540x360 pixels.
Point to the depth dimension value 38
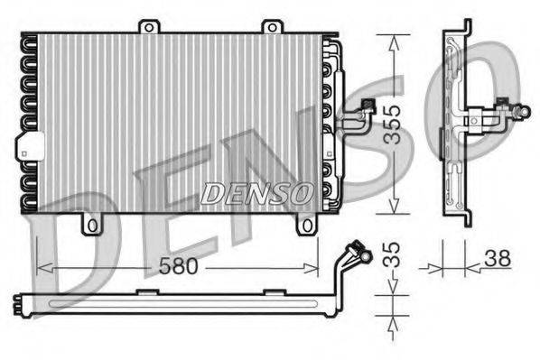[x=498, y=258]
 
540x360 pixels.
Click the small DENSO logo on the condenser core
[x=257, y=192]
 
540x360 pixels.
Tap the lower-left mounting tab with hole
[x=89, y=222]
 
